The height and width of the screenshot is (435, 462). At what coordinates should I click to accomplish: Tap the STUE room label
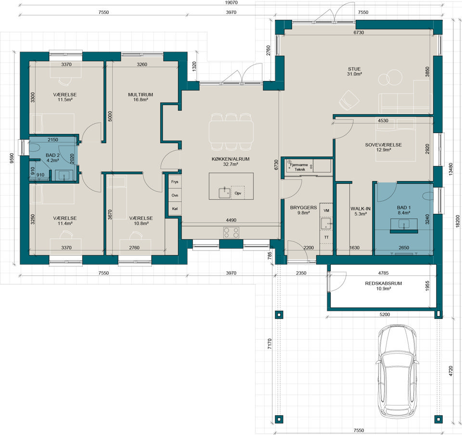tap(354, 69)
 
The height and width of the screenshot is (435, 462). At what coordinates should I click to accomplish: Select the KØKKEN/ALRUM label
tap(231, 159)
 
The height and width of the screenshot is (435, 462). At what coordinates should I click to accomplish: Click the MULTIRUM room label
tap(141, 95)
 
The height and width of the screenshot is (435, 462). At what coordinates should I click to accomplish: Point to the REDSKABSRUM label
tap(384, 283)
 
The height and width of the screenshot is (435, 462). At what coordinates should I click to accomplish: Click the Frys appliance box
tap(175, 182)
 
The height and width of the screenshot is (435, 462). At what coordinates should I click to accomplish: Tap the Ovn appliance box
tap(175, 195)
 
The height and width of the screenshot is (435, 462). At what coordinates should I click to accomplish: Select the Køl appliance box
tap(175, 209)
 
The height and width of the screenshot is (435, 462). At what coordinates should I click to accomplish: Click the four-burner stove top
tap(231, 232)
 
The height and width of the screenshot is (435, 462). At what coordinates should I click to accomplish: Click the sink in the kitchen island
tap(225, 193)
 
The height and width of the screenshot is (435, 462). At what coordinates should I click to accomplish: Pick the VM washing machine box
tap(326, 211)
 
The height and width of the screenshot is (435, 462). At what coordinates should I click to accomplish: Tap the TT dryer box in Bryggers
tap(326, 237)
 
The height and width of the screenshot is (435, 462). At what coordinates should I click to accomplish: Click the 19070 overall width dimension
tap(231, 3)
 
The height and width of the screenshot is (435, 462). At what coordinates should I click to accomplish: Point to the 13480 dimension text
tap(450, 170)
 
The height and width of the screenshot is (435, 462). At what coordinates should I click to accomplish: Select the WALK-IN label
tap(360, 209)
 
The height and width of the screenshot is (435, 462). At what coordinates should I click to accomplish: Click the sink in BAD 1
tap(404, 224)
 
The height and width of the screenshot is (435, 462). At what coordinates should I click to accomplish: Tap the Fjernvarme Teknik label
tap(299, 167)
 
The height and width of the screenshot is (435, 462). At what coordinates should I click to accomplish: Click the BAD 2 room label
tap(53, 156)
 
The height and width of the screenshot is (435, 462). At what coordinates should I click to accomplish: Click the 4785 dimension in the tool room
tap(384, 273)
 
